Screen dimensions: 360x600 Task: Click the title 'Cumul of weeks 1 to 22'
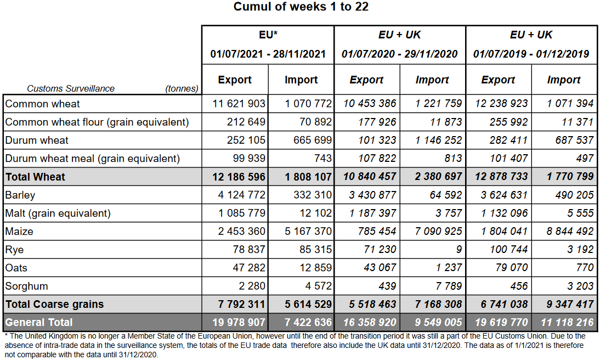tap(301, 7)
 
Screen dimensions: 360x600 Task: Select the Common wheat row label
tap(42, 104)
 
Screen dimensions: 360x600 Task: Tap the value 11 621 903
tap(239, 104)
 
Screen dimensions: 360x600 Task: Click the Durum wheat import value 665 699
tap(309, 140)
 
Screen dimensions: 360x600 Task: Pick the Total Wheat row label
tap(35, 177)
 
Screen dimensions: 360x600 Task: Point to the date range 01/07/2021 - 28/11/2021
tap(268, 54)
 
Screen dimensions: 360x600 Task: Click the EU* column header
tap(268, 35)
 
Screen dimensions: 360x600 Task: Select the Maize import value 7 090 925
tap(439, 231)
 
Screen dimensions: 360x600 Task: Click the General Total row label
tap(39, 322)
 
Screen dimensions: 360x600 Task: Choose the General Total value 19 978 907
tap(239, 322)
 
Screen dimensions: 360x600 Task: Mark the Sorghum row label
tap(27, 286)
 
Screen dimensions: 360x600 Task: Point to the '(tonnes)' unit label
tap(182, 88)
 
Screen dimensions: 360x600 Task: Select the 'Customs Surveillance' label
tap(71, 88)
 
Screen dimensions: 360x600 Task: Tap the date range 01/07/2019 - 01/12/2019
tap(531, 54)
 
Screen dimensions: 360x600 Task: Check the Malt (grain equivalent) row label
tap(58, 213)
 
